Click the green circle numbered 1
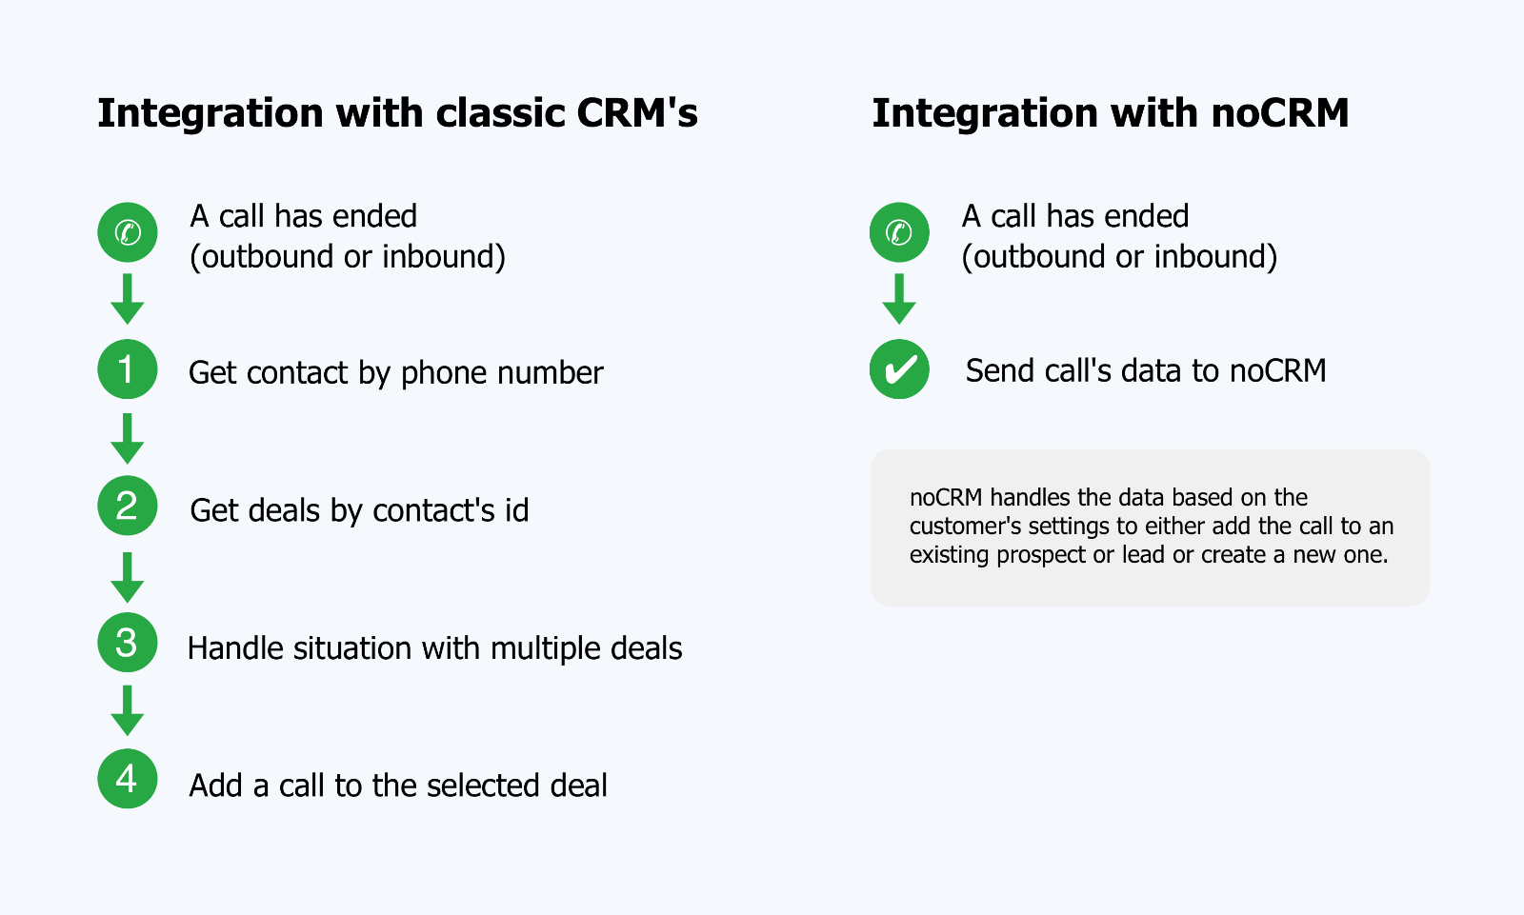pos(128,369)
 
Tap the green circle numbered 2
pos(128,506)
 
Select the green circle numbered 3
pos(128,642)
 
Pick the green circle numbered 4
pos(128,779)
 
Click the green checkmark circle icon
pos(899,369)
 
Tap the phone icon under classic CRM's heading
pos(128,232)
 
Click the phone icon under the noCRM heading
pos(899,232)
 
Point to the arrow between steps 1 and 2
pos(128,439)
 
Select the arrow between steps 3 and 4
pos(128,711)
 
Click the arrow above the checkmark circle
pos(899,299)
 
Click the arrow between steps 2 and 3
pos(128,578)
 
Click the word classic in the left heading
pos(500,113)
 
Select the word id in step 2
pos(516,510)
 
